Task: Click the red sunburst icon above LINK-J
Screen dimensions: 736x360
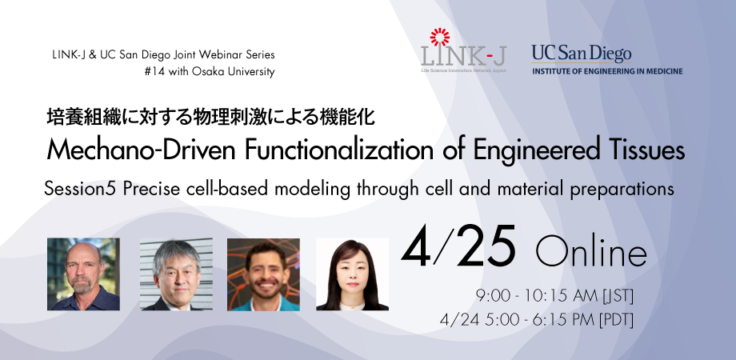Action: click(440, 37)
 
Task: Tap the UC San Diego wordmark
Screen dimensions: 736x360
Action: click(581, 54)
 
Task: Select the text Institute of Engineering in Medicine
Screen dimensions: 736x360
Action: click(607, 71)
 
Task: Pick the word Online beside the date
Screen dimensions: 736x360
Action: click(591, 254)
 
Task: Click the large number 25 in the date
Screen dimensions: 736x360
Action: click(486, 246)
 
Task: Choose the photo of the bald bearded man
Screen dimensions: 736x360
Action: click(83, 274)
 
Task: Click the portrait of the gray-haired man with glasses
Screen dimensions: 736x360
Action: click(176, 274)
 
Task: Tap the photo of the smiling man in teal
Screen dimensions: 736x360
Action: click(263, 274)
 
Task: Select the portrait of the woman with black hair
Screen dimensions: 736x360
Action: click(352, 274)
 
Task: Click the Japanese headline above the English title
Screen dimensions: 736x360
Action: click(210, 118)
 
